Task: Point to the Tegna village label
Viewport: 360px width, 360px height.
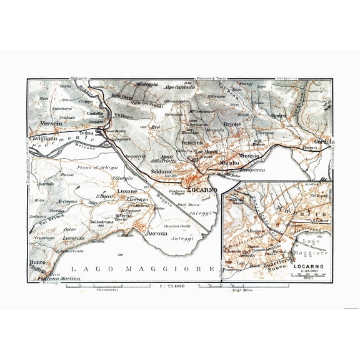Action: (x=87, y=133)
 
